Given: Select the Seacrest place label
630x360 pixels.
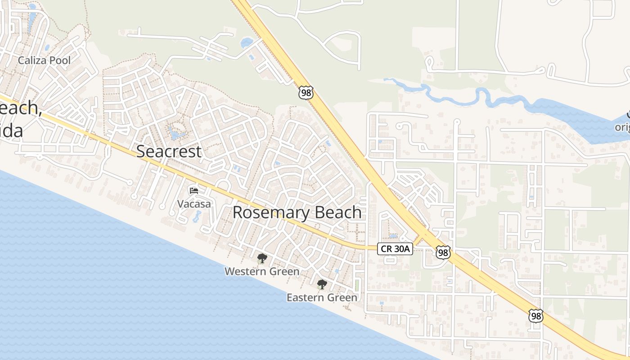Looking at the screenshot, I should pyautogui.click(x=169, y=152).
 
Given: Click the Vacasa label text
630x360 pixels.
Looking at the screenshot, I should pyautogui.click(x=193, y=204).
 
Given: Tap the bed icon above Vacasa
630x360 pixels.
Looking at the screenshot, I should pyautogui.click(x=194, y=191).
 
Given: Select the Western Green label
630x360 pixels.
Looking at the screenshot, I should pyautogui.click(x=262, y=271).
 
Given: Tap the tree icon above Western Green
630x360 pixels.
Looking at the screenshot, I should pyautogui.click(x=262, y=259).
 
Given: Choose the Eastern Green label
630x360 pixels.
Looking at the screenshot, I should pyautogui.click(x=322, y=297).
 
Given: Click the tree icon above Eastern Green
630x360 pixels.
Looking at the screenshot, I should pyautogui.click(x=322, y=284).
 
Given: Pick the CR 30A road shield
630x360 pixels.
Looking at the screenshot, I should pyautogui.click(x=395, y=249).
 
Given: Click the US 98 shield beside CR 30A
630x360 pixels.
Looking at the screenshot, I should pyautogui.click(x=443, y=252).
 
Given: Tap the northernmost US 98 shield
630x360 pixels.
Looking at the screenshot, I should pyautogui.click(x=305, y=93).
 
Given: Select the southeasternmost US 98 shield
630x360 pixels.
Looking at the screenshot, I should pyautogui.click(x=535, y=316).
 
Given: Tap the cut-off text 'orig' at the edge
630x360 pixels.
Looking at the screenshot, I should pyautogui.click(x=622, y=127).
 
